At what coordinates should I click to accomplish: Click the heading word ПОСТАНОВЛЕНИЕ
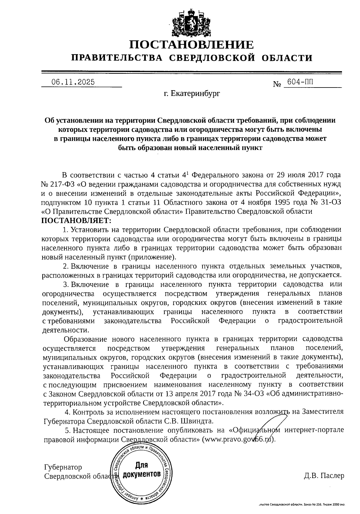[191, 45]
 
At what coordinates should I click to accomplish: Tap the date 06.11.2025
[73, 82]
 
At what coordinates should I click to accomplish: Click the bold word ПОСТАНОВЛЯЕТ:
[76, 221]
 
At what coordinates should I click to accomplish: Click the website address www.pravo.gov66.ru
[238, 439]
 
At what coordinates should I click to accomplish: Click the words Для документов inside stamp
[142, 470]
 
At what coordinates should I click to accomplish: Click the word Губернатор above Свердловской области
[63, 467]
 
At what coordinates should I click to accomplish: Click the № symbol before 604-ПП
[277, 84]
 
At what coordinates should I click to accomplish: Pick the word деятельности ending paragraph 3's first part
[66, 330]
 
